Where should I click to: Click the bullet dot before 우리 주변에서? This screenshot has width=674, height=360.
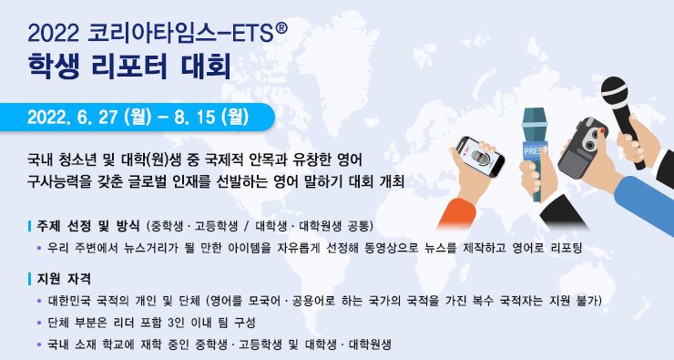click(x=38, y=248)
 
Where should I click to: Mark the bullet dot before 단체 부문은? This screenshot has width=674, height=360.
click(x=38, y=323)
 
